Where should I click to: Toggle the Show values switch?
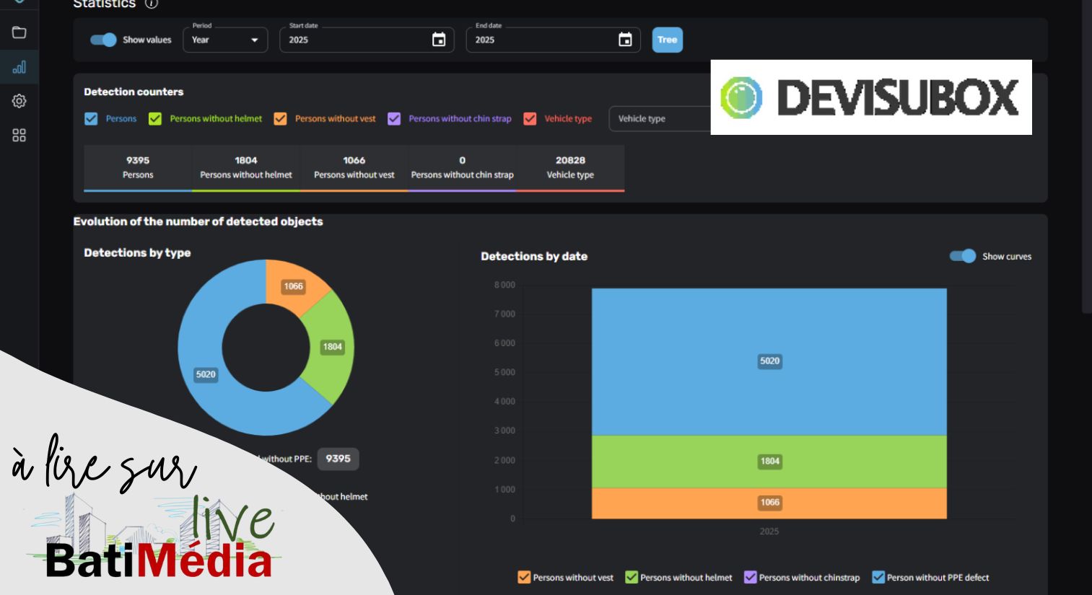(103, 40)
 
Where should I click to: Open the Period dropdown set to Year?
(225, 40)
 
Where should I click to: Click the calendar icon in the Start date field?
(439, 40)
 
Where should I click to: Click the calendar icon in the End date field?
(625, 40)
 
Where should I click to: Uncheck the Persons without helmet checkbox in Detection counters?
(155, 118)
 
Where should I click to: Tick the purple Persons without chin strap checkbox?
(394, 118)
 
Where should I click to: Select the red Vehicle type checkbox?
(530, 118)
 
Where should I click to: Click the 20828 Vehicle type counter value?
(570, 160)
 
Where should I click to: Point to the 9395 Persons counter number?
(138, 160)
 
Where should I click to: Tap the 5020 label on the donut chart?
(205, 374)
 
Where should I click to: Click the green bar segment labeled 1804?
(769, 462)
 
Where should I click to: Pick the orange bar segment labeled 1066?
(769, 503)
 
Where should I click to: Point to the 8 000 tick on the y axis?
(504, 285)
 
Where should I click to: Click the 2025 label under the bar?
(769, 531)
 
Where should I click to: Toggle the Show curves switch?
(963, 256)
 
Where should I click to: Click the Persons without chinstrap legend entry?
(802, 578)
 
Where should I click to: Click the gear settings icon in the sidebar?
(19, 102)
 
